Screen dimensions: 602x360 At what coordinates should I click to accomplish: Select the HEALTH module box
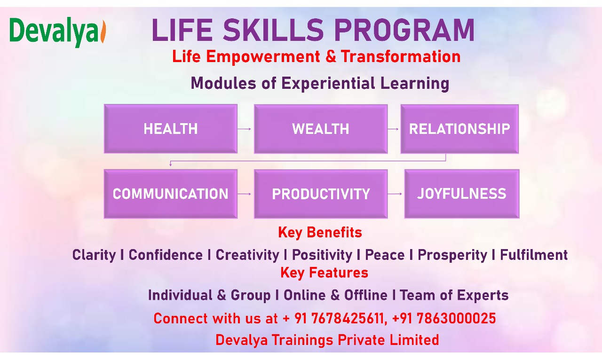click(x=171, y=129)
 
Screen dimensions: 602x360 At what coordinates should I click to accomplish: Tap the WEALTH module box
click(x=321, y=129)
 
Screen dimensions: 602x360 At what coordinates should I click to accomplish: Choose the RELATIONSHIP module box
click(x=459, y=129)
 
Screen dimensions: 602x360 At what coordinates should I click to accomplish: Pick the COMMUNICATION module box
click(x=171, y=194)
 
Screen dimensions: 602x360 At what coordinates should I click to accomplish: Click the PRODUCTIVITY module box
click(x=321, y=194)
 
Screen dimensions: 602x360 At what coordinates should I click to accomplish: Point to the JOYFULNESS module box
click(x=462, y=194)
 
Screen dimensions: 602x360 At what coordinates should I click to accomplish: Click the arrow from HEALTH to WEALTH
click(x=244, y=129)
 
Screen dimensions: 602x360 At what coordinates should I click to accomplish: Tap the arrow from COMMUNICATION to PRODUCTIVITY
click(x=244, y=194)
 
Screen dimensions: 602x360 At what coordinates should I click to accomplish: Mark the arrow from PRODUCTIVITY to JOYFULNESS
click(x=395, y=194)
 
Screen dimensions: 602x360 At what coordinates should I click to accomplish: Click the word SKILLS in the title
click(x=273, y=30)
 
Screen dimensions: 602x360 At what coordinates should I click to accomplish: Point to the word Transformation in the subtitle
click(x=401, y=56)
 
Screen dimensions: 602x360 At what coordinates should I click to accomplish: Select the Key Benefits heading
click(x=320, y=232)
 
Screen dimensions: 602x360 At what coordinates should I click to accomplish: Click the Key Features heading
click(x=324, y=273)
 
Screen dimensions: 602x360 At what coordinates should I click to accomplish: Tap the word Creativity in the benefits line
click(x=247, y=255)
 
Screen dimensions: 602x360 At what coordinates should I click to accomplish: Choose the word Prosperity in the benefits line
click(x=452, y=255)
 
